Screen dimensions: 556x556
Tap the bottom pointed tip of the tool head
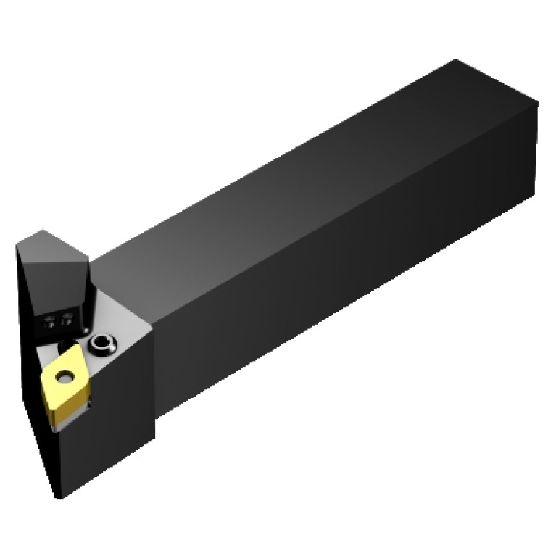tap(59, 497)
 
